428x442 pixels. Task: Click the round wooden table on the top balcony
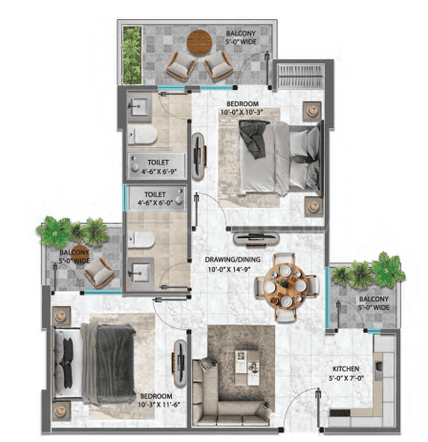(x=200, y=43)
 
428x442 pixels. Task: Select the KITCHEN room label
(x=346, y=369)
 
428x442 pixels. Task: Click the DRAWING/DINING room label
(x=232, y=259)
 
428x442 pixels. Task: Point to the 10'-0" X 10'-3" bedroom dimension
(x=242, y=112)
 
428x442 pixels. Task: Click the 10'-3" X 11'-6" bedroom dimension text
(x=160, y=405)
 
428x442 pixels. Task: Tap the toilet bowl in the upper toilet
(x=142, y=135)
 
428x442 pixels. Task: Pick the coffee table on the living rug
(x=246, y=367)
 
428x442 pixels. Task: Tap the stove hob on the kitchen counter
(x=339, y=413)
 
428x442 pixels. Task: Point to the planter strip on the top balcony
(x=132, y=55)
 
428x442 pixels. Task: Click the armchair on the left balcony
(x=99, y=273)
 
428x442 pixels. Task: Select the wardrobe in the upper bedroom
(x=301, y=76)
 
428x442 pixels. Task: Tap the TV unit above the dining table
(x=256, y=238)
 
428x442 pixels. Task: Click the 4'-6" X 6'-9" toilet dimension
(x=159, y=171)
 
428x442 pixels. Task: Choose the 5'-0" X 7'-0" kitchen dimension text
(x=346, y=378)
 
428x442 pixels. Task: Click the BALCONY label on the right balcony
(x=374, y=299)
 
